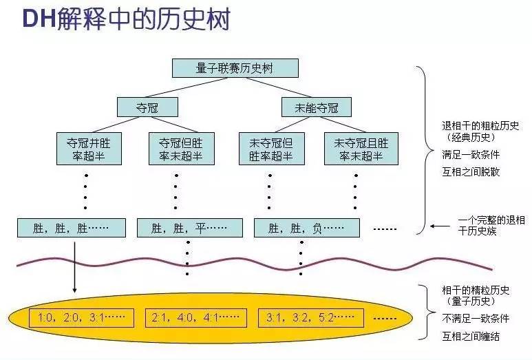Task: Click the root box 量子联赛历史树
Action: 235,67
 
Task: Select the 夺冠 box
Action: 147,107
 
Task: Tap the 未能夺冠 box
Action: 317,107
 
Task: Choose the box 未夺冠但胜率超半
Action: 270,149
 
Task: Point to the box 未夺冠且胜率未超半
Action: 361,149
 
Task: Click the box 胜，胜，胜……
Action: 72,228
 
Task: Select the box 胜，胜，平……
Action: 189,228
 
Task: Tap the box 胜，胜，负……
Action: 307,228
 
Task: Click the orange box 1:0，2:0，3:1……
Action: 77,318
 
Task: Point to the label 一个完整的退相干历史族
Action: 491,226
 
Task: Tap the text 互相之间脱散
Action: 471,171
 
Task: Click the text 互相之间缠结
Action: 471,336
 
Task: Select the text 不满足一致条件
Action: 475,319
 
